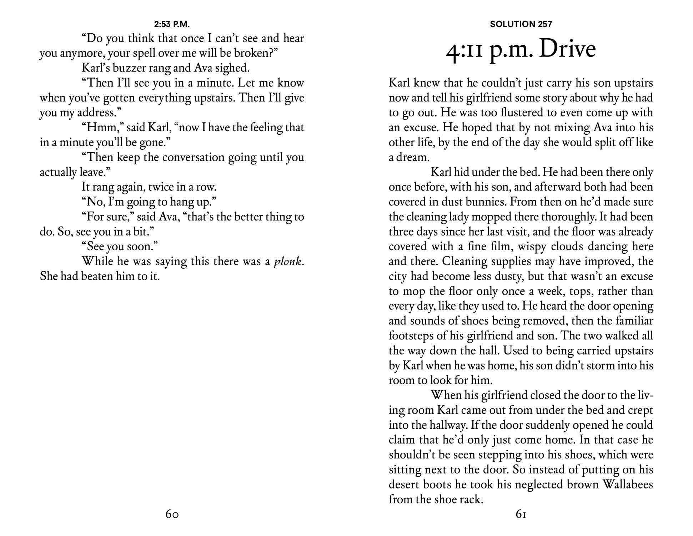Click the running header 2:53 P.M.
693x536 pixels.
click(172, 24)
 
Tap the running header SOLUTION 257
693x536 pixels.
click(521, 24)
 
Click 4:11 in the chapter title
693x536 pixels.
click(464, 50)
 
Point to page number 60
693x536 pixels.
click(172, 514)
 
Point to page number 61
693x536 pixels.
click(521, 514)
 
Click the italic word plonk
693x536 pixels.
click(288, 262)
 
